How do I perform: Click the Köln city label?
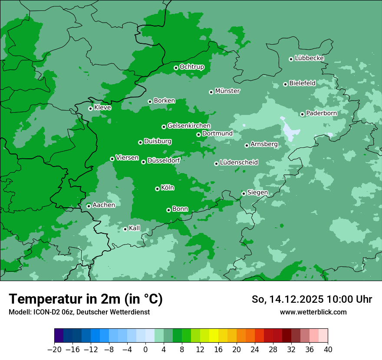pos(168,188)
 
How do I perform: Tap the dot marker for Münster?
pos(211,92)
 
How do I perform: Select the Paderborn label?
pos(321,113)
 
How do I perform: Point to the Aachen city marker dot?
pos(89,206)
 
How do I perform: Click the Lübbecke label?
pos(309,58)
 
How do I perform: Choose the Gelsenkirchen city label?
pos(189,126)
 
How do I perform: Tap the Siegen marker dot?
pos(244,193)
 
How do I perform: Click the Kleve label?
pos(102,108)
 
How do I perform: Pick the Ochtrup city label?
pos(191,67)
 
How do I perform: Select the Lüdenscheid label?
pos(239,163)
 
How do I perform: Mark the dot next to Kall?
pos(125,229)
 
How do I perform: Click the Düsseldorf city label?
pos(164,160)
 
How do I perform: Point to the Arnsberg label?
pos(264,144)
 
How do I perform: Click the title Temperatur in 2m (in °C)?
pos(86,299)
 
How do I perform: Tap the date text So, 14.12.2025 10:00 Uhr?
pos(312,299)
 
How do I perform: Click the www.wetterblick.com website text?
pos(313,312)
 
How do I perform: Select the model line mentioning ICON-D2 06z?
pos(79,312)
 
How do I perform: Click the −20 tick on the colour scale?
pos(54,350)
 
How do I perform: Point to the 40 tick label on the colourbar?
pos(328,350)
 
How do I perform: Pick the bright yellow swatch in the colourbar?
pos(214,336)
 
